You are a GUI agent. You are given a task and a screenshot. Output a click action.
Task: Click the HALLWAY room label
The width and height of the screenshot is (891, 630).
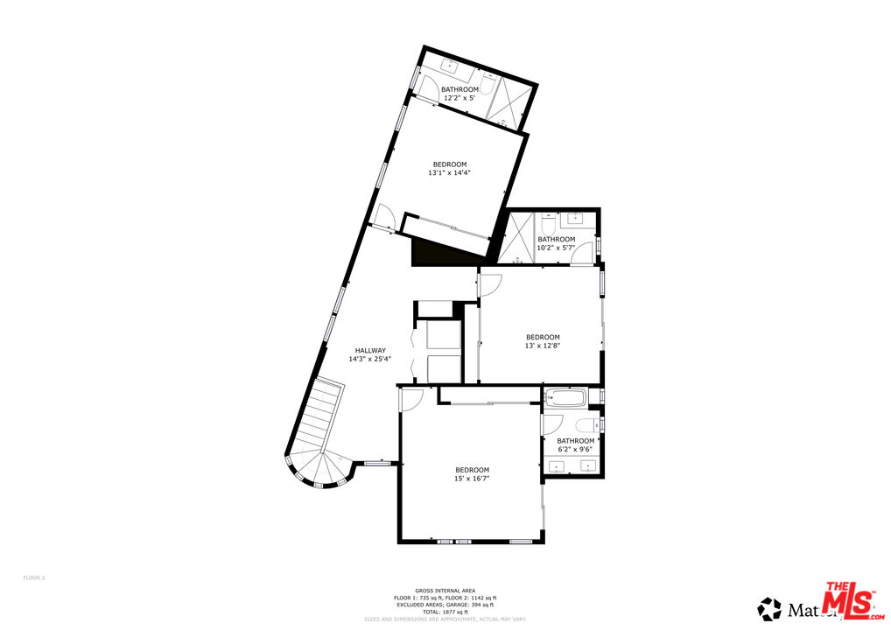click(x=370, y=351)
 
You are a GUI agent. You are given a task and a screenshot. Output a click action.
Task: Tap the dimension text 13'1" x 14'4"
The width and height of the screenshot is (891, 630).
click(x=450, y=173)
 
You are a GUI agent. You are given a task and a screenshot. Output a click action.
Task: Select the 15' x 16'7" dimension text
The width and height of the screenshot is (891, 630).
click(x=472, y=479)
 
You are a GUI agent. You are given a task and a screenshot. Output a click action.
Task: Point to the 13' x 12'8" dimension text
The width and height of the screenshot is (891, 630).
click(x=543, y=346)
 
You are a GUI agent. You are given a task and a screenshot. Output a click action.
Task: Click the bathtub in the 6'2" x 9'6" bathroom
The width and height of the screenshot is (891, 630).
click(x=566, y=399)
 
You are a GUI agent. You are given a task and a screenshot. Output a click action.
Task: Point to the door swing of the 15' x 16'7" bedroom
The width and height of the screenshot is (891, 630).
click(x=411, y=400)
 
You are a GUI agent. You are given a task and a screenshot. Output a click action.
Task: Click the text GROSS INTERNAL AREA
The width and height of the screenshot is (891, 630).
click(x=445, y=591)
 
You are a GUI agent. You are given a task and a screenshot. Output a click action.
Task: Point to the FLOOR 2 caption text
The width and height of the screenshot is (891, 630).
click(x=33, y=577)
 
